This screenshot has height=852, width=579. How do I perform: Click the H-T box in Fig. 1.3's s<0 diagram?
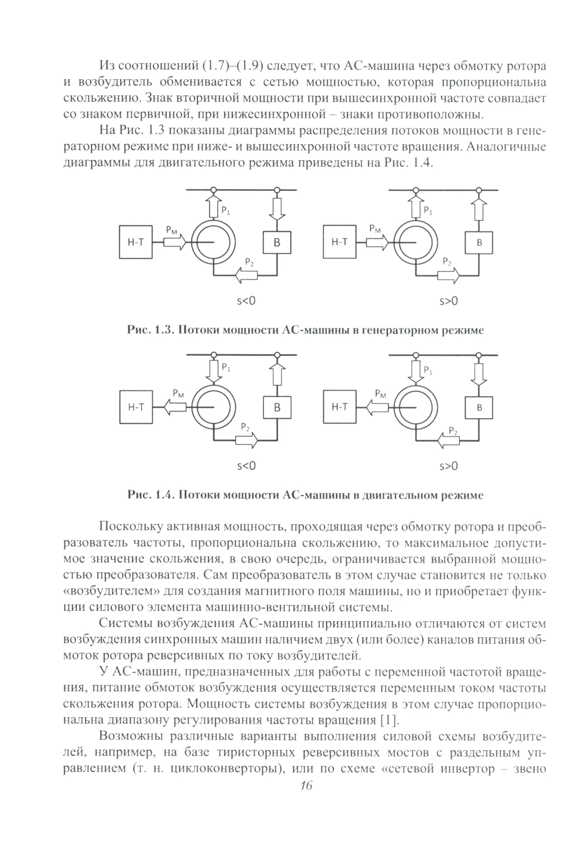pos(135,242)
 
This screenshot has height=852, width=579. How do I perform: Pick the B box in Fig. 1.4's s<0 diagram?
pos(277,407)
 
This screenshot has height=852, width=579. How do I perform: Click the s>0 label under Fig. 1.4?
pos(448,466)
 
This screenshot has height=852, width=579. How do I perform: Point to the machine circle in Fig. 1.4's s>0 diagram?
pos(415,407)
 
